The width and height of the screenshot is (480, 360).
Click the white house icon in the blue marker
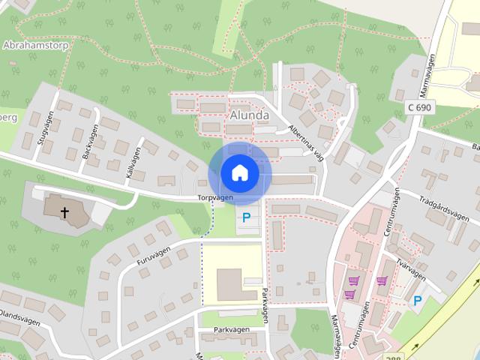239,173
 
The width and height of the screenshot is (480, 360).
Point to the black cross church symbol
64,213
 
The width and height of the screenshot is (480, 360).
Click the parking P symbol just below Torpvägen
246,218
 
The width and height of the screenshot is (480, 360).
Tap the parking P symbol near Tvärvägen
418,301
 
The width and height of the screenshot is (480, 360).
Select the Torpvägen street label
216,198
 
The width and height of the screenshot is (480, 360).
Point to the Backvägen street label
90,141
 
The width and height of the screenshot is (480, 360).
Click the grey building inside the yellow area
231,284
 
